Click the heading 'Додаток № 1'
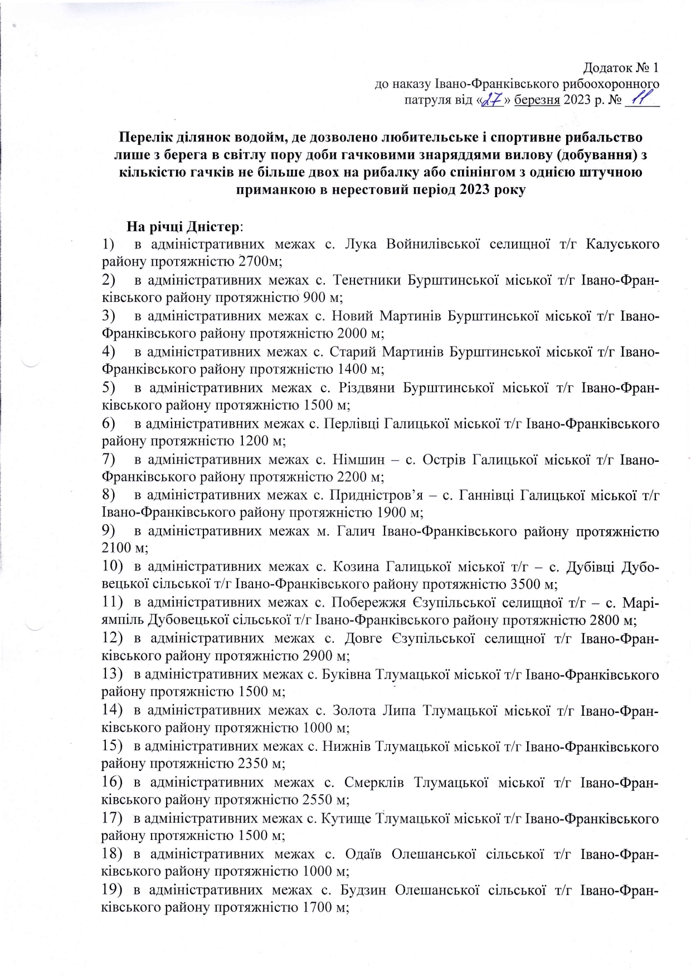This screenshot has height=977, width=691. click(x=621, y=68)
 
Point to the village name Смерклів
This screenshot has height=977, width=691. click(x=371, y=782)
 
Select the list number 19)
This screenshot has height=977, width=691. click(x=112, y=890)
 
